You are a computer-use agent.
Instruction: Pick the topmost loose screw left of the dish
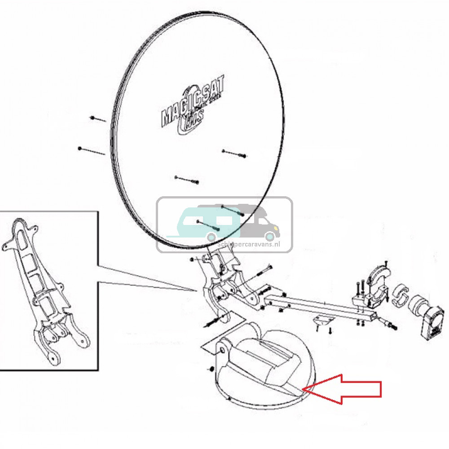(x=98, y=119)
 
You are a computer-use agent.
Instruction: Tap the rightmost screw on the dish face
(x=234, y=154)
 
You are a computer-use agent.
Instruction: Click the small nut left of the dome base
(x=211, y=369)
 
